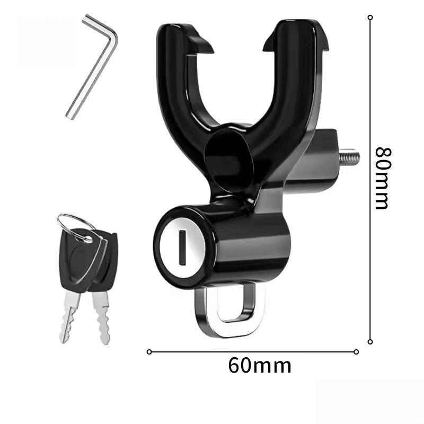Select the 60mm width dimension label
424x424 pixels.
pyautogui.click(x=260, y=366)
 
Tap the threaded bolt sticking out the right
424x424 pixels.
pyautogui.click(x=350, y=157)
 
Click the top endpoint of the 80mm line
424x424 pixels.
pyautogui.click(x=370, y=17)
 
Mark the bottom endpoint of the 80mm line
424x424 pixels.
pyautogui.click(x=370, y=342)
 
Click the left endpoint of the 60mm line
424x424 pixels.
pyautogui.click(x=149, y=351)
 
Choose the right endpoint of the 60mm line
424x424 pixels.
pyautogui.click(x=356, y=351)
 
